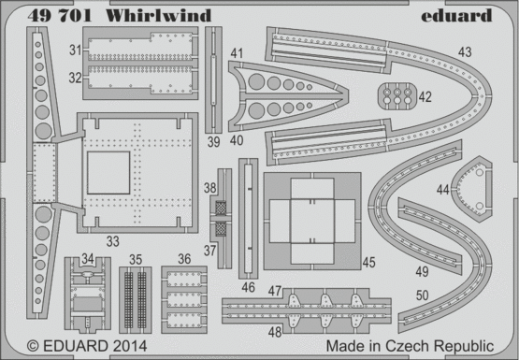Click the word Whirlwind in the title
[159, 16]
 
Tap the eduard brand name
[456, 15]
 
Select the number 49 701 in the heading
[60, 16]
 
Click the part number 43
[465, 52]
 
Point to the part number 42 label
[425, 97]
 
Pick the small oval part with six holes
[396, 96]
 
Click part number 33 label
[112, 241]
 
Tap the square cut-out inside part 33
[108, 173]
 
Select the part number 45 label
[368, 263]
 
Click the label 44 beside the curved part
[443, 190]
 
